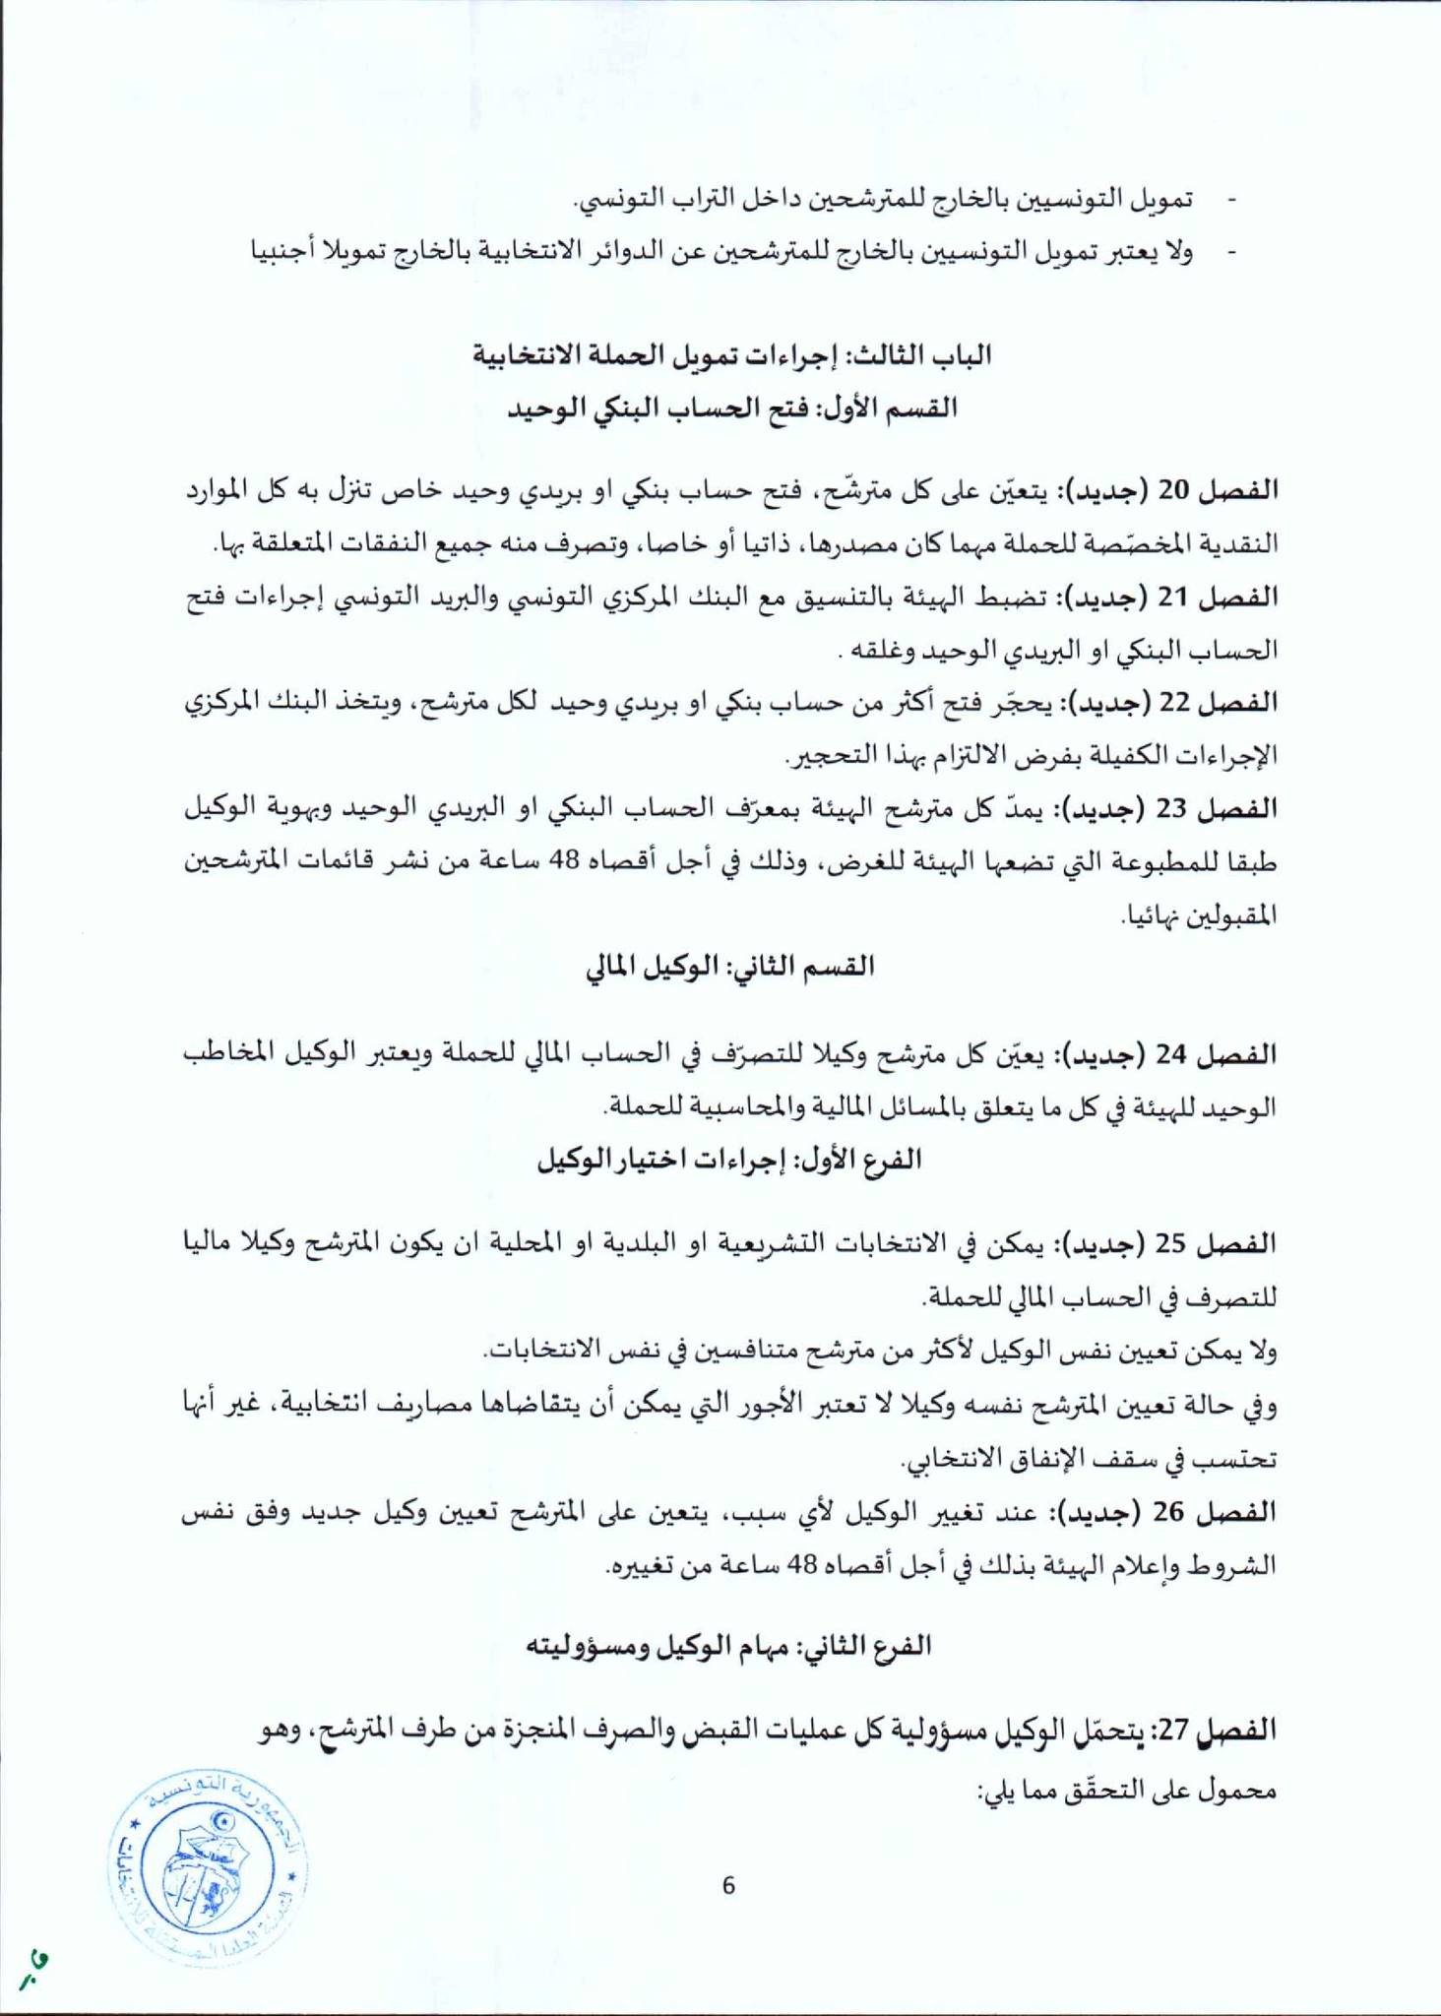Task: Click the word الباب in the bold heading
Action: click(961, 355)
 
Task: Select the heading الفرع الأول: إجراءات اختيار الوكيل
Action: click(729, 1159)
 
